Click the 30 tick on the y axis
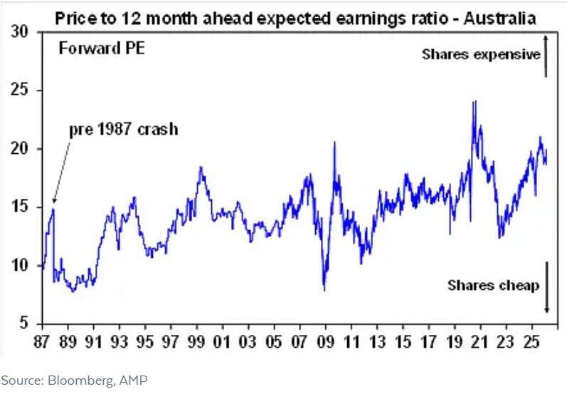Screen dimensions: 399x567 tap(21, 33)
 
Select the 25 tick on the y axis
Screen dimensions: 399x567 tap(21, 91)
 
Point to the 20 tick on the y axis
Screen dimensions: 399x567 tap(21, 150)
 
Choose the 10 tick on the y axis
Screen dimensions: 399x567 tap(21, 266)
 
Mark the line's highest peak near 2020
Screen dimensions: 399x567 tap(474, 102)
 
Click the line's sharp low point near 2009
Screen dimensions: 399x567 tap(324, 290)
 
